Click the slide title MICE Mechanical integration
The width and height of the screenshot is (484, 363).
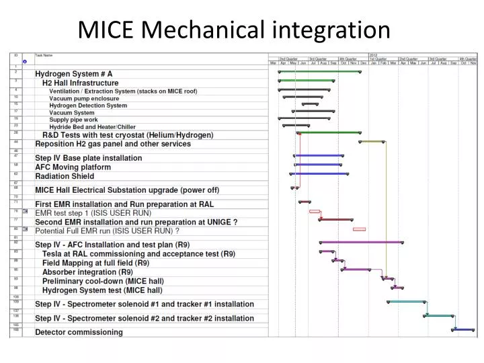pos(234,29)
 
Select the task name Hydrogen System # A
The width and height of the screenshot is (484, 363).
pos(74,73)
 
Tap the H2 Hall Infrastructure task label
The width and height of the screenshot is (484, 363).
pos(80,83)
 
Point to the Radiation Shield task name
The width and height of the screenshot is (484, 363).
pos(65,176)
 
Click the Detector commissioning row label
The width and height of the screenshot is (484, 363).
pos(79,332)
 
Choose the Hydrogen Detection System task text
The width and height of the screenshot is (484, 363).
pos(88,106)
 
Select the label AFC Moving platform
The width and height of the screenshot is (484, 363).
pos(73,167)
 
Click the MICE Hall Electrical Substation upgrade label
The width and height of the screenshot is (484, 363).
pos(127,190)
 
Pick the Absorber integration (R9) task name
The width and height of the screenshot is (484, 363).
pos(87,272)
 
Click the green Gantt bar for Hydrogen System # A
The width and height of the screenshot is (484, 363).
pos(319,71)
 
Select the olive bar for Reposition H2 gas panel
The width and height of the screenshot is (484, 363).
pos(372,142)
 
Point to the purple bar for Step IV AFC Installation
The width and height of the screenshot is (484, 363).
pos(361,242)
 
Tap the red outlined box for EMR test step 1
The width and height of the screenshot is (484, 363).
pos(315,211)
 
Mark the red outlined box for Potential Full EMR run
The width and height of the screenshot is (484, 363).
pos(359,229)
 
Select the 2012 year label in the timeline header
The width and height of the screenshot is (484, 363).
pos(374,54)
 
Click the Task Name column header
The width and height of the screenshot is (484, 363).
pos(44,55)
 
